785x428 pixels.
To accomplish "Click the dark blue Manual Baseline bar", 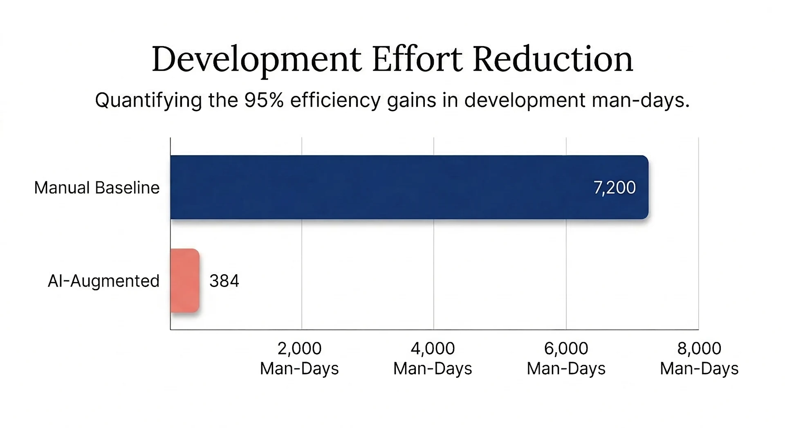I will (409, 187).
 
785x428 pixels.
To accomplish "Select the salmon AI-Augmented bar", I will (185, 280).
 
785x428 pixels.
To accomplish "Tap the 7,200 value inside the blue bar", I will (615, 188).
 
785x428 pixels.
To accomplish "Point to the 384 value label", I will (224, 281).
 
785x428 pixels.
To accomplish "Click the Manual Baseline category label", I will (96, 188).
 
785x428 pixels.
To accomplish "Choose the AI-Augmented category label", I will (103, 281).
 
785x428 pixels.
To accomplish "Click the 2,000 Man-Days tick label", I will (299, 358).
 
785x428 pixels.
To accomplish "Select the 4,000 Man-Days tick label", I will (433, 358).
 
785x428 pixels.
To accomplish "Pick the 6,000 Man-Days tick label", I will (566, 358).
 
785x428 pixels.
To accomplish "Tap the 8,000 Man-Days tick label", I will (699, 358).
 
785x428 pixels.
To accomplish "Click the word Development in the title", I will (256, 60).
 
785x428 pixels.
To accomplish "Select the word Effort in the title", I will (417, 59).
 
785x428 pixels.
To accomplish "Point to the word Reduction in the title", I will (553, 59).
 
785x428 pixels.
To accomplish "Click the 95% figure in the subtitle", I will (264, 100).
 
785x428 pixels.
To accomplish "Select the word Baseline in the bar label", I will (127, 188).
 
